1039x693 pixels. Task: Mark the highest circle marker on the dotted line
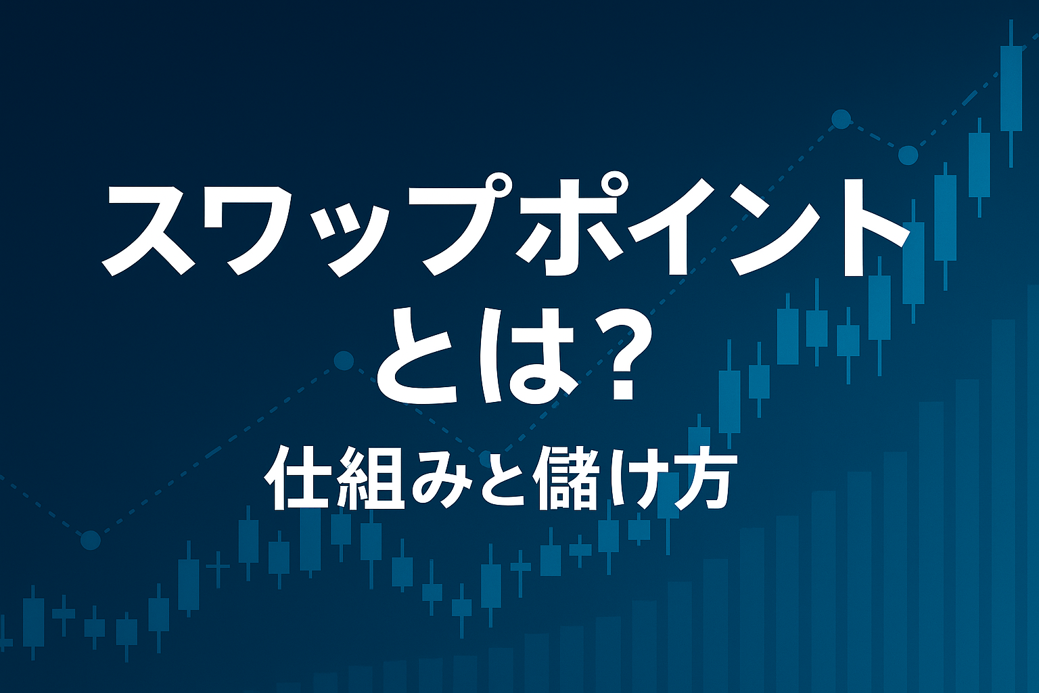pos(841,119)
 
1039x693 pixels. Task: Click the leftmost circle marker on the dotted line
pos(91,540)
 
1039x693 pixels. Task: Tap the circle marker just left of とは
pos(344,361)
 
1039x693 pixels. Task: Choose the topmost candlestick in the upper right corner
pos(1011,88)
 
